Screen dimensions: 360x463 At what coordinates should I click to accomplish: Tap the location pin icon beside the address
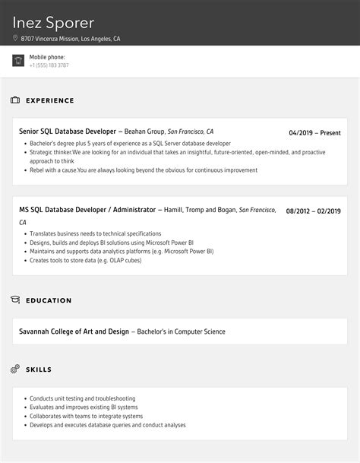point(15,38)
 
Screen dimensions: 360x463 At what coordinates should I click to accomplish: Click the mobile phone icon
point(18,61)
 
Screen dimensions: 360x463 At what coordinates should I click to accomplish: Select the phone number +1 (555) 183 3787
point(49,65)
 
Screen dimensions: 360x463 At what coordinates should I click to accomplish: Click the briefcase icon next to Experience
point(15,100)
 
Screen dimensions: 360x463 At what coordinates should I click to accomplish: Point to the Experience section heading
point(50,100)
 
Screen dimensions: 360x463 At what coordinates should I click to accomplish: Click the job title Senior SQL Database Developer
point(68,132)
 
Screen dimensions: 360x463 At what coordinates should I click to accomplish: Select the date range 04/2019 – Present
point(314,133)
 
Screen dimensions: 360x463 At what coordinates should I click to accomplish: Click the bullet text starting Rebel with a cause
point(133,170)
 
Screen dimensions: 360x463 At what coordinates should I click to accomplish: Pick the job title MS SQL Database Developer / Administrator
point(87,209)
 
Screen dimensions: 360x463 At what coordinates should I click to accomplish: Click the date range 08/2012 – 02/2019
point(313,211)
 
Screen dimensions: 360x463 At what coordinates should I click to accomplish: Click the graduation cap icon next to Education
point(15,300)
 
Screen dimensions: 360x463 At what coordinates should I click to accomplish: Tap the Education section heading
point(49,300)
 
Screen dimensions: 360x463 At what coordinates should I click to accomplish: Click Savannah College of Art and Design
point(74,331)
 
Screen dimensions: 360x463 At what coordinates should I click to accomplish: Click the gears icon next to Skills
point(15,369)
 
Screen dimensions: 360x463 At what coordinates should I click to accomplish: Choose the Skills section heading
point(39,369)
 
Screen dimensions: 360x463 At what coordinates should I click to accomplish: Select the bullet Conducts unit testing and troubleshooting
point(82,398)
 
